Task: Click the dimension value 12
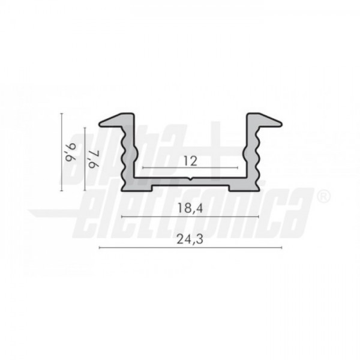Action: (190, 160)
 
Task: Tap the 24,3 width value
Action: (190, 239)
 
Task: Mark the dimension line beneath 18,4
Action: (190, 215)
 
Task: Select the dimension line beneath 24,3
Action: (190, 247)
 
